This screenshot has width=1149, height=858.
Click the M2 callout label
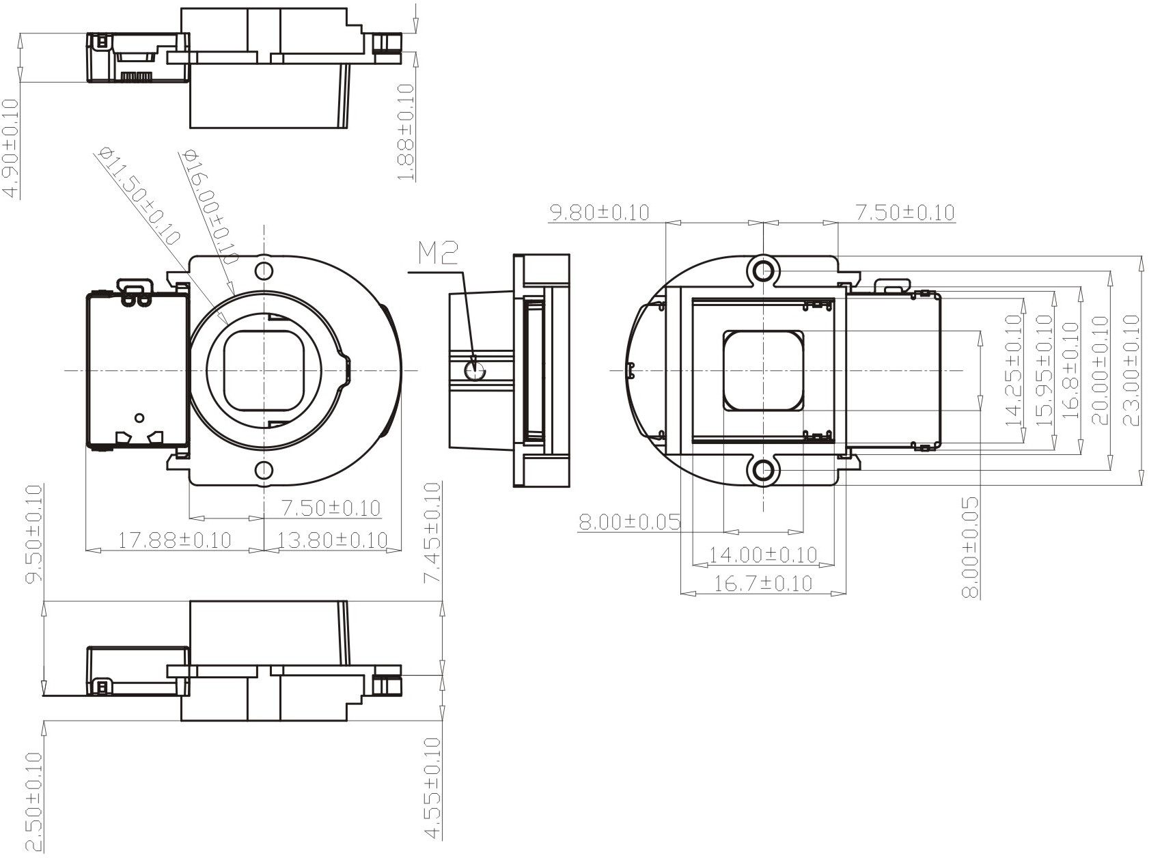point(438,254)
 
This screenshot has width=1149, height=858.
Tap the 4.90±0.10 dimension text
point(11,148)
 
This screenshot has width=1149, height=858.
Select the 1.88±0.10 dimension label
point(406,132)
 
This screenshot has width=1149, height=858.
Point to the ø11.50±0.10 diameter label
point(138,195)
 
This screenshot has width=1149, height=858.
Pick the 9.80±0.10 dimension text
point(600,212)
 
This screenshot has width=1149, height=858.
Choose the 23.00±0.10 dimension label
point(1131,370)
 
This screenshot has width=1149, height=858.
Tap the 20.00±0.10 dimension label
point(1100,370)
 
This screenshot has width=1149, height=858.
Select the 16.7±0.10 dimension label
point(763,583)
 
